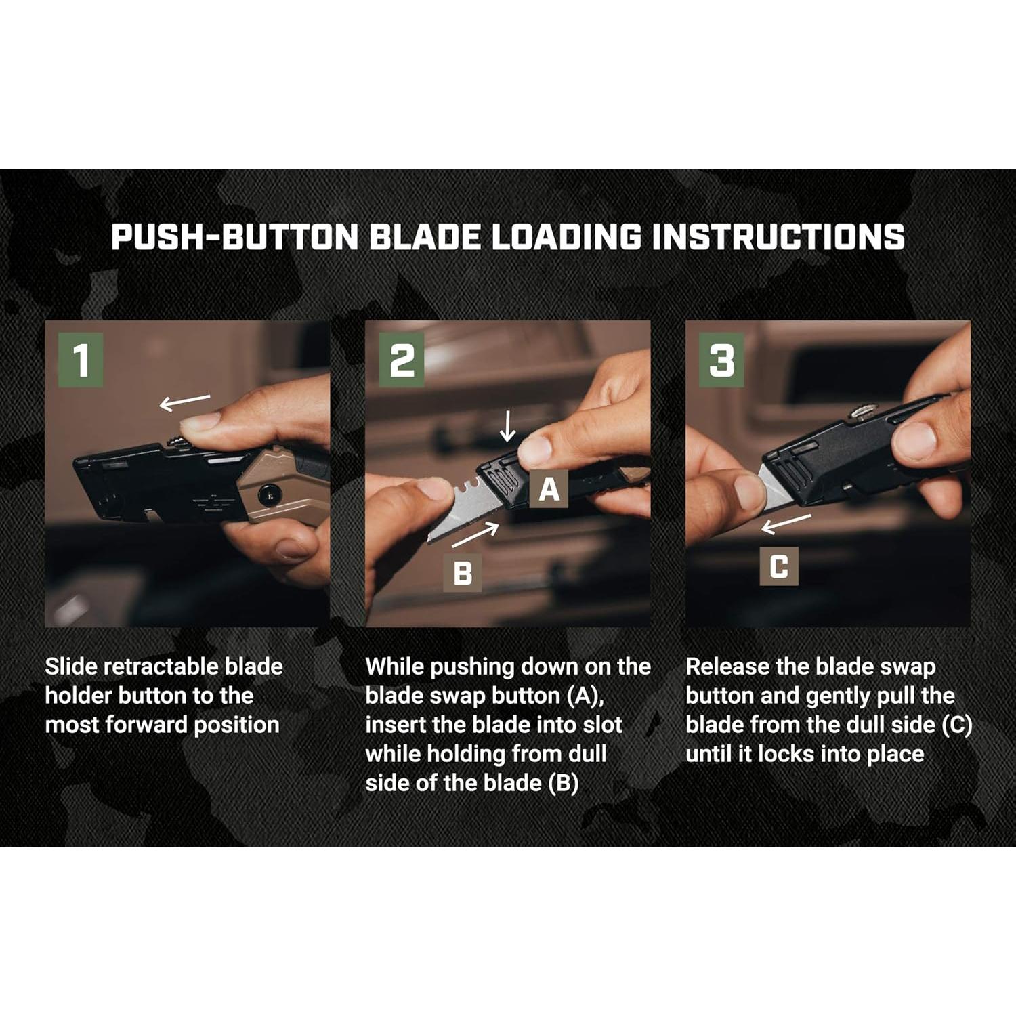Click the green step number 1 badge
point(81,360)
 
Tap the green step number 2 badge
point(402,360)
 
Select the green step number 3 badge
point(722,360)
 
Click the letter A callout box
point(549,488)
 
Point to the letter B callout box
point(463,573)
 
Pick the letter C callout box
point(779,566)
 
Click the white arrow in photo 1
point(184,402)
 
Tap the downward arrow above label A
point(507,427)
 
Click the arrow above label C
point(786,524)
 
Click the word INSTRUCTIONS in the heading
point(778,236)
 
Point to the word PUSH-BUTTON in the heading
point(234,236)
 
